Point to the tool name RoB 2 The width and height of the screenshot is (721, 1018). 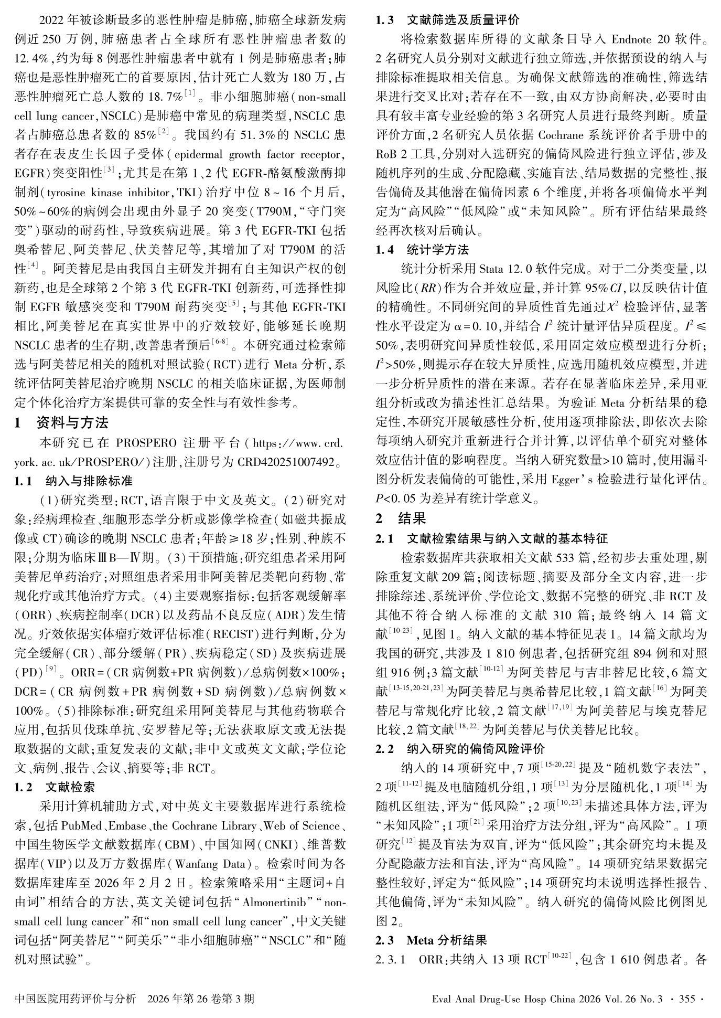pyautogui.click(x=393, y=154)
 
